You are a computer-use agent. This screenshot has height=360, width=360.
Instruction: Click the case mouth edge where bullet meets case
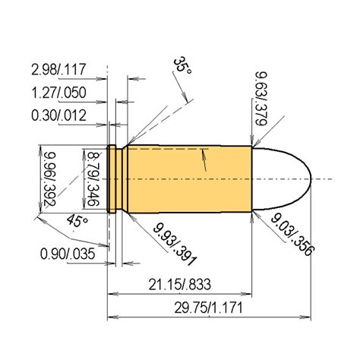tap(251, 178)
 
